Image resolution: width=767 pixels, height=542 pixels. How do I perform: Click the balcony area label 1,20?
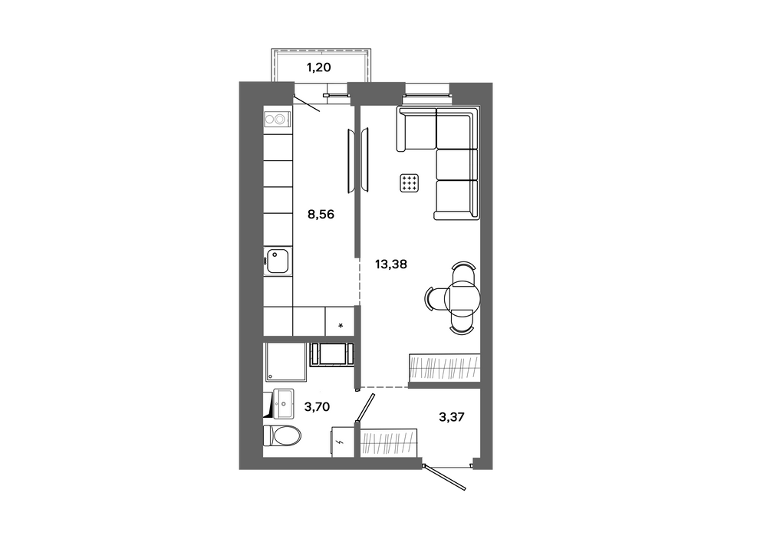(x=319, y=67)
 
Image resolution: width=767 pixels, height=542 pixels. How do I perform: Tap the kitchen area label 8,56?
(x=321, y=214)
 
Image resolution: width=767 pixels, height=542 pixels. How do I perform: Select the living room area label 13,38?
(x=391, y=264)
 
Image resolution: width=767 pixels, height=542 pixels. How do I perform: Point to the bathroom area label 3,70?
(x=317, y=406)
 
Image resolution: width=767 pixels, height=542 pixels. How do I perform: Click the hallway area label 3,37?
(x=452, y=417)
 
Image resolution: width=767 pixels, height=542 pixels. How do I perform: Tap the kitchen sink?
(x=278, y=261)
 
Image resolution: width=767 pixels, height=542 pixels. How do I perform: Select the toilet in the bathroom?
(x=281, y=435)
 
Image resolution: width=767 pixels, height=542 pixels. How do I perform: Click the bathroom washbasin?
(x=283, y=404)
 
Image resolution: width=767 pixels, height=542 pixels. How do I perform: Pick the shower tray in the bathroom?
(x=285, y=362)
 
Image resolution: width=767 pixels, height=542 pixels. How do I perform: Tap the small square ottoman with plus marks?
(x=410, y=182)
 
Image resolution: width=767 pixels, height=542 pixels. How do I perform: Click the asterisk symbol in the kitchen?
(x=341, y=326)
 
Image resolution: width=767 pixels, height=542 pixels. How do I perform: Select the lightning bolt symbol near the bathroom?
(x=341, y=442)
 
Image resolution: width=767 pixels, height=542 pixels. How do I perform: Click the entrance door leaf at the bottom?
(x=444, y=476)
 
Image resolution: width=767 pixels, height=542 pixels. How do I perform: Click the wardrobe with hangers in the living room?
(x=443, y=367)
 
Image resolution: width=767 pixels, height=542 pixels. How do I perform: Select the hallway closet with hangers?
(x=389, y=442)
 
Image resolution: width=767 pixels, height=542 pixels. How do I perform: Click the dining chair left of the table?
(x=434, y=298)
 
